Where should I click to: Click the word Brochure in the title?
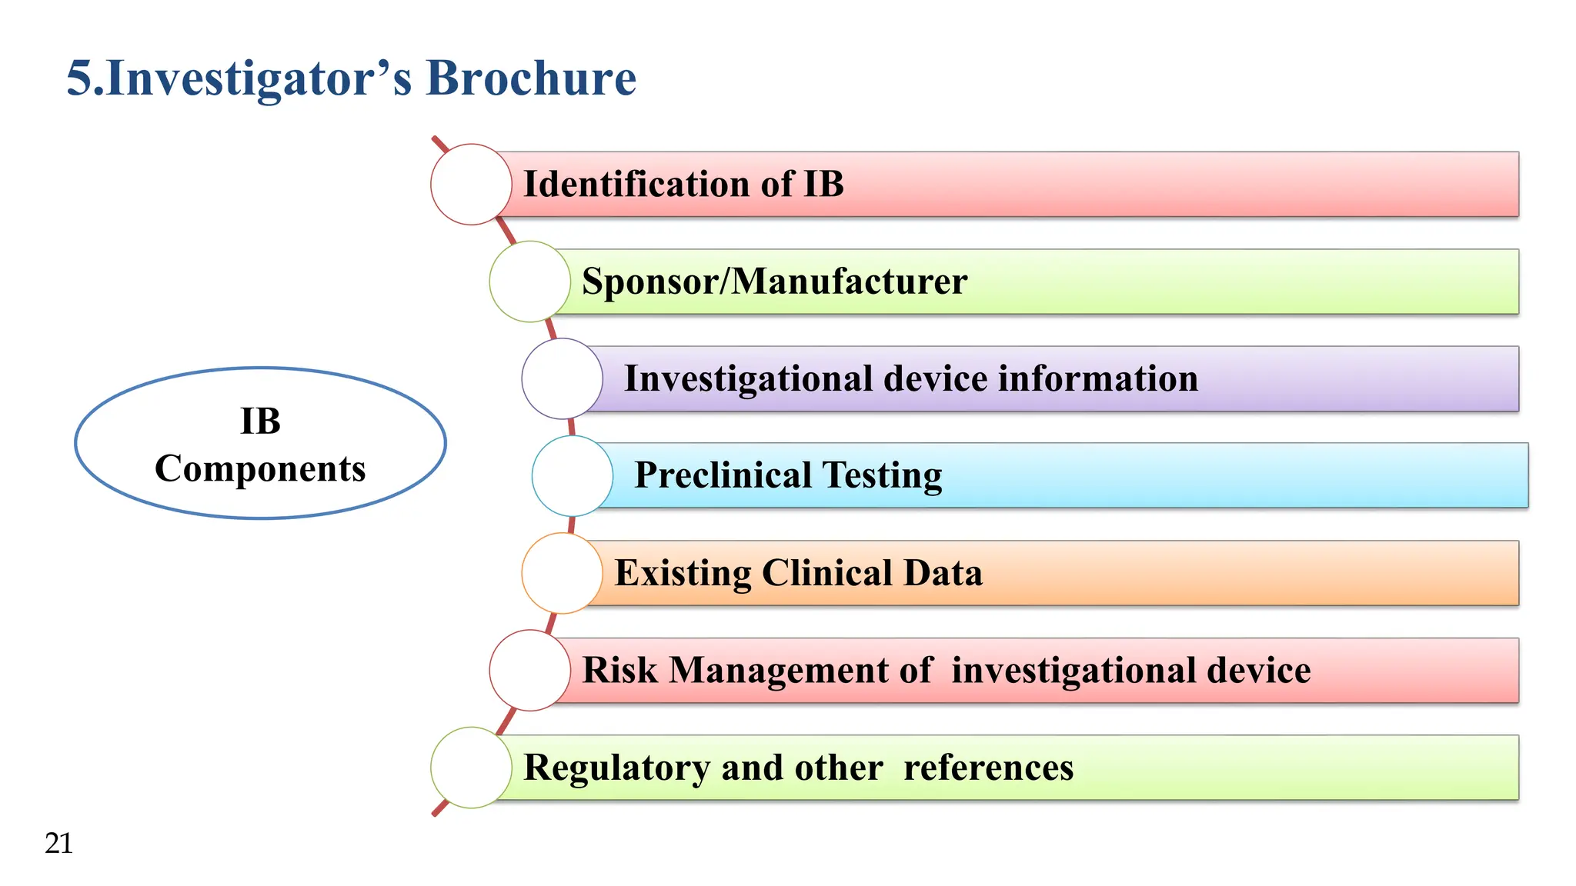[531, 78]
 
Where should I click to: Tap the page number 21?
[59, 844]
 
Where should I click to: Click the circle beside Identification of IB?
[471, 185]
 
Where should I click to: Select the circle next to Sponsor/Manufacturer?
[529, 281]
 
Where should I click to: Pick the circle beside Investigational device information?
[562, 378]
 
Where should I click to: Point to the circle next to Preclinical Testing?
[573, 476]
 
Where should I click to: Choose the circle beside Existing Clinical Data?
[562, 573]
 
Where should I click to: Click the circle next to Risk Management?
[529, 670]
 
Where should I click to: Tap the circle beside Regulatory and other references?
[471, 768]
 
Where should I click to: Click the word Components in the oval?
[260, 469]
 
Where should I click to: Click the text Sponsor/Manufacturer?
[774, 281]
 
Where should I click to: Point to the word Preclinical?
[723, 476]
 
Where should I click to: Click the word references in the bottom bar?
[988, 768]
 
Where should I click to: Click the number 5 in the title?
[79, 78]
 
